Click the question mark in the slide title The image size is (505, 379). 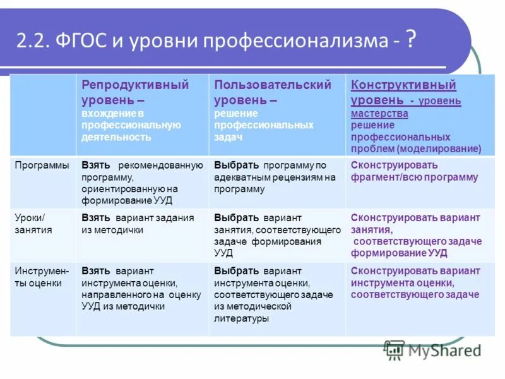click(x=410, y=40)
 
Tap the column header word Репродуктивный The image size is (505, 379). click(x=135, y=85)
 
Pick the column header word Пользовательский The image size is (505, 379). click(x=272, y=85)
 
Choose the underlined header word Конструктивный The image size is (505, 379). click(x=403, y=85)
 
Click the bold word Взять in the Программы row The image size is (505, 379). click(x=96, y=165)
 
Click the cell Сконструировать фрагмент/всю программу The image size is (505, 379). click(x=414, y=171)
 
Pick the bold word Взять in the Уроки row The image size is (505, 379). click(x=96, y=218)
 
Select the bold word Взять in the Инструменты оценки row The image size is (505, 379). click(x=96, y=271)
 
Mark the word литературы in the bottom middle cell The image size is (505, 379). click(x=241, y=318)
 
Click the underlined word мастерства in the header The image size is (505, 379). click(x=379, y=114)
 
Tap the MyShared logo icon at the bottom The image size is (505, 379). click(x=395, y=350)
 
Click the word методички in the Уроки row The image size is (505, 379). click(x=119, y=230)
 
